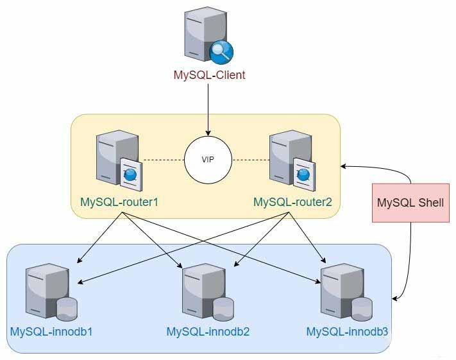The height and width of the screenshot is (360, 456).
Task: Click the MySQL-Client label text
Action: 209,75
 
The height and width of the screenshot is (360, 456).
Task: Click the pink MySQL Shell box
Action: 410,202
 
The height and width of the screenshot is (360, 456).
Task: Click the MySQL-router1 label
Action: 119,202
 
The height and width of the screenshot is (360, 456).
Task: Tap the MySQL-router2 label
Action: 292,202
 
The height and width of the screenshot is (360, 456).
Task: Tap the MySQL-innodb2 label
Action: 208,332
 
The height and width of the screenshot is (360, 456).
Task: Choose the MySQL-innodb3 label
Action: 347,332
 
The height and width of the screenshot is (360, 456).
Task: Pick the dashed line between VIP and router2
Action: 250,159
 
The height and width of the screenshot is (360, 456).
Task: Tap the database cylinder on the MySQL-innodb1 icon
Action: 67,309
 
